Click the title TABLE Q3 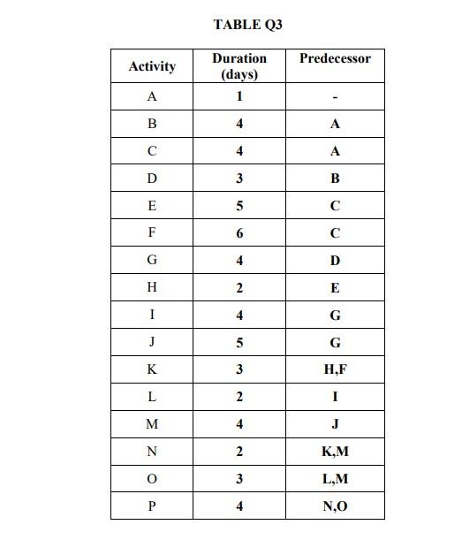coord(247,25)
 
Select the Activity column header coord(152,66)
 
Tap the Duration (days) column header coord(239,66)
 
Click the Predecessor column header coord(335,58)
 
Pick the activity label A coord(152,96)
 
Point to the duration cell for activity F coord(239,233)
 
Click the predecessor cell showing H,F coord(335,370)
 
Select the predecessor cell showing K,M coord(335,452)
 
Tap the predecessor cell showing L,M coord(335,479)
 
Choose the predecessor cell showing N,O coord(335,506)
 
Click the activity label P coord(152,506)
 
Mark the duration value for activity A coord(239,96)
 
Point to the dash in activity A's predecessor coord(335,97)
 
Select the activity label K coord(152,370)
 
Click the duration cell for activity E coord(239,206)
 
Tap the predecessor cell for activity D coord(335,179)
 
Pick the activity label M coord(152,424)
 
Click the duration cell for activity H coord(239,288)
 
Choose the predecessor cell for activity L coord(335,397)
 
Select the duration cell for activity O coord(239,479)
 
